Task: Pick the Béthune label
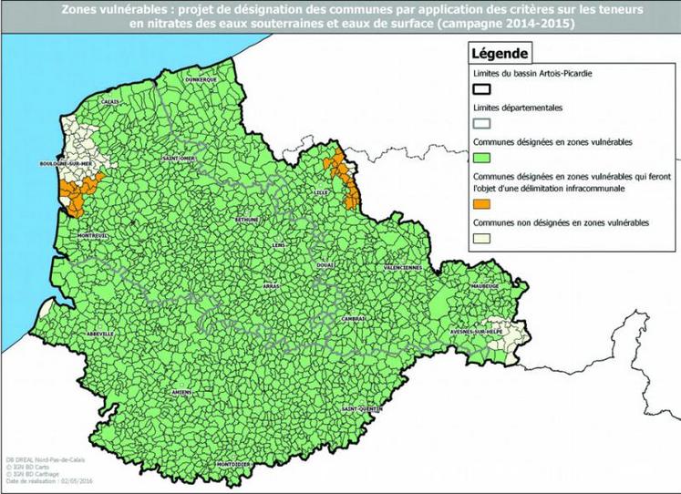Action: pyautogui.click(x=247, y=220)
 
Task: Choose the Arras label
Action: pyautogui.click(x=272, y=286)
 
